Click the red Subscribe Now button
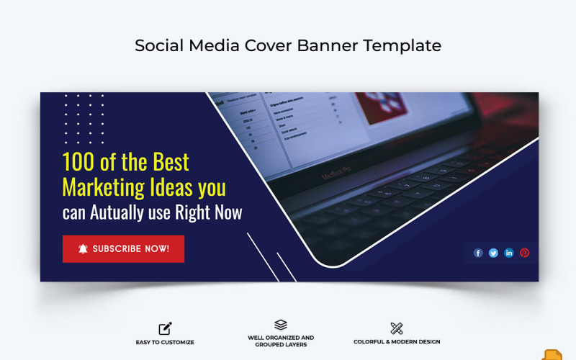click(x=123, y=249)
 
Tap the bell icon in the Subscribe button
click(x=83, y=249)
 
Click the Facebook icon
click(x=478, y=253)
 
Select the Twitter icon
click(x=493, y=253)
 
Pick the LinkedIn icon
click(x=509, y=253)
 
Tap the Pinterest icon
click(x=524, y=253)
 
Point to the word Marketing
click(x=103, y=187)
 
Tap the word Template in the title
click(x=402, y=45)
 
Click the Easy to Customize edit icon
click(x=166, y=328)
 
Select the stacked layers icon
click(x=281, y=325)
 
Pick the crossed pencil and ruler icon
click(x=397, y=328)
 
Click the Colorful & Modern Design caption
click(x=397, y=342)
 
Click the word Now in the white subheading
click(x=227, y=212)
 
